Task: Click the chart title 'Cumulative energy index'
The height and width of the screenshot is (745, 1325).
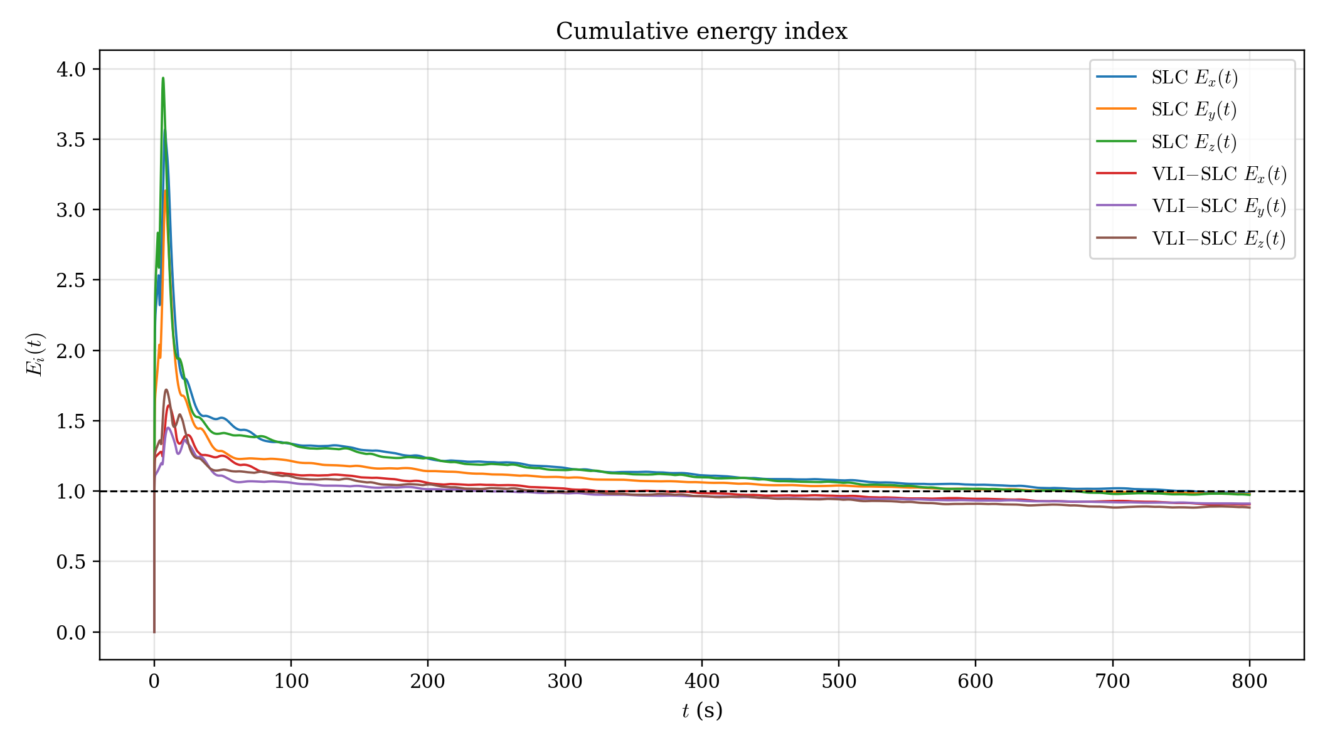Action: coord(701,31)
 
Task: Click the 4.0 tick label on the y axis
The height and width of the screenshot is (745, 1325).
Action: coord(70,69)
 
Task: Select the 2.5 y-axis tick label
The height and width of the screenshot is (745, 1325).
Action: coord(70,280)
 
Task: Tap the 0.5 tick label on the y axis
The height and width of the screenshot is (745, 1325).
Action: coord(70,562)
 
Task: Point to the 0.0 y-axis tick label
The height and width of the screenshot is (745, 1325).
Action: coord(70,633)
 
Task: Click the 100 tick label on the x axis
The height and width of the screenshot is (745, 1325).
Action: coord(291,682)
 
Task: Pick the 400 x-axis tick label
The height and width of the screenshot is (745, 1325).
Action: coord(701,682)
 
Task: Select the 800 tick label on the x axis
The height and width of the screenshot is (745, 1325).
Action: coord(1249,682)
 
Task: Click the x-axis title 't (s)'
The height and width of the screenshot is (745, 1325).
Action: coord(702,711)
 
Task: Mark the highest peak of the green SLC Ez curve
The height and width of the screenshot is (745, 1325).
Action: coord(163,78)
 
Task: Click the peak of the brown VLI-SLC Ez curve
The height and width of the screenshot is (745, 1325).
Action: coord(166,389)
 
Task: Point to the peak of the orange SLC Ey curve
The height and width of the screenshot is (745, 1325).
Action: coord(165,191)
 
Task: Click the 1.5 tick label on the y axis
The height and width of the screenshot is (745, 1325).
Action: coord(70,421)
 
